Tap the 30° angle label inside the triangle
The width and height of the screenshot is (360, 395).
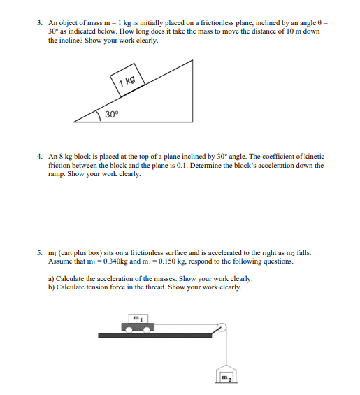pos(112,113)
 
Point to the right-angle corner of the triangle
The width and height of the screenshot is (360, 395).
pos(193,121)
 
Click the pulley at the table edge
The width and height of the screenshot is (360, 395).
pos(222,327)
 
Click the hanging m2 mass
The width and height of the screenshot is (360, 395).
pos(225,378)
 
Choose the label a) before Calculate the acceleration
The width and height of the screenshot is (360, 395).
pos(51,278)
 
